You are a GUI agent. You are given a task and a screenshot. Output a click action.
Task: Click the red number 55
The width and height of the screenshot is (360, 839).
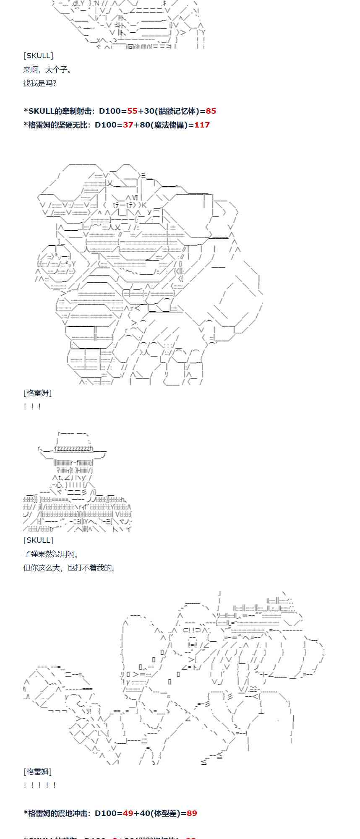[132, 111]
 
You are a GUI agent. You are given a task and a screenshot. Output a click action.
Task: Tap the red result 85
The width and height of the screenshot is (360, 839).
[211, 111]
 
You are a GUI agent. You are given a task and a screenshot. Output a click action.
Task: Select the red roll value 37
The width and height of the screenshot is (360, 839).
[128, 125]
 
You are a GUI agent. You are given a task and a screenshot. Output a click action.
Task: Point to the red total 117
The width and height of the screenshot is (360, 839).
[202, 125]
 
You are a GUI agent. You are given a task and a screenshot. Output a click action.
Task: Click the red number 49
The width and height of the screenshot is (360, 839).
[128, 813]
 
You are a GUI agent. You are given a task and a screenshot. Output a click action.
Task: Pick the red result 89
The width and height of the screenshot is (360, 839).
[192, 813]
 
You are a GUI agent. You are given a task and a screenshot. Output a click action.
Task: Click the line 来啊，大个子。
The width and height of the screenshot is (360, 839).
[47, 70]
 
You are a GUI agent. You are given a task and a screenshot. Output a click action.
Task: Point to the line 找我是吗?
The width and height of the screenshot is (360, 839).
[40, 83]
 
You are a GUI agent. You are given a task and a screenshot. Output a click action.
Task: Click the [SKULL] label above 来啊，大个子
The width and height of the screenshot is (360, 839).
[38, 56]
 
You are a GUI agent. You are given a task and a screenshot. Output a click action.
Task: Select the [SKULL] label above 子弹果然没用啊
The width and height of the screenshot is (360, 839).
[38, 540]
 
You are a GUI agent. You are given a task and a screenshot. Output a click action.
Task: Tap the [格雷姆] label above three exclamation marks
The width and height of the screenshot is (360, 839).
[38, 393]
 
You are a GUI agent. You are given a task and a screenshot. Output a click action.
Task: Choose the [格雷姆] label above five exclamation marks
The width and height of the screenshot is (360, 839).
[38, 772]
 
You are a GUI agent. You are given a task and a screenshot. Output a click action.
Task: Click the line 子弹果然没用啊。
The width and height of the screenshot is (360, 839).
[51, 554]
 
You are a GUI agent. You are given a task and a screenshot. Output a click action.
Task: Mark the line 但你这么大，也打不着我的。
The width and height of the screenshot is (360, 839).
[69, 568]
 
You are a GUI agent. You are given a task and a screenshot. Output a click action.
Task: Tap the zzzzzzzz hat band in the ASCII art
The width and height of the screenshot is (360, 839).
[74, 448]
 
